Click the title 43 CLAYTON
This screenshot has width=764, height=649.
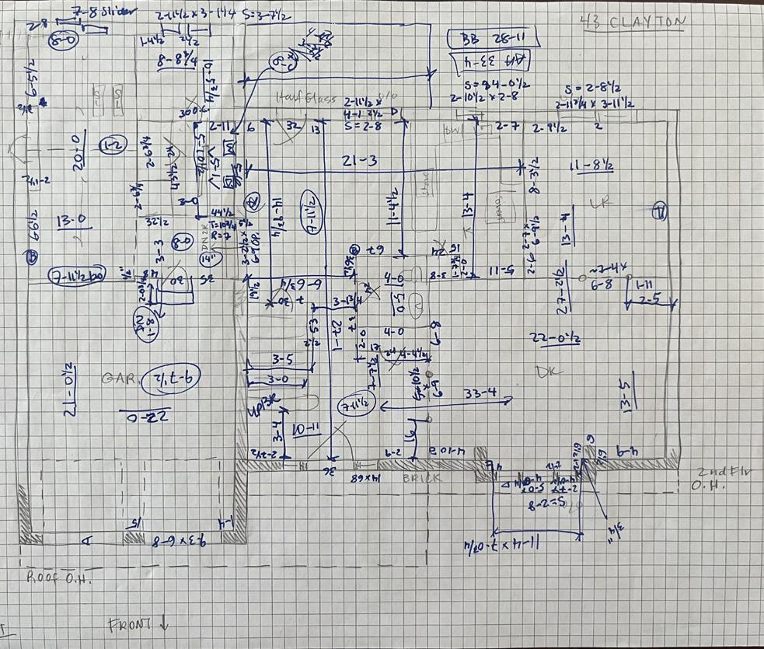(633, 22)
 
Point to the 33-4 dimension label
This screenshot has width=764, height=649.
(480, 394)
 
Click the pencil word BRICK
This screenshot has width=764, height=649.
(422, 479)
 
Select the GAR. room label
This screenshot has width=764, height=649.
(120, 379)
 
